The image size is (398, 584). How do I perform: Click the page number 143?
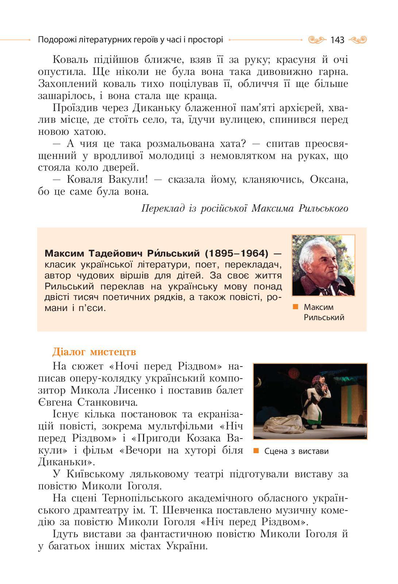pyautogui.click(x=337, y=40)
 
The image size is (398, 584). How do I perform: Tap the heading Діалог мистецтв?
pyautogui.click(x=94, y=352)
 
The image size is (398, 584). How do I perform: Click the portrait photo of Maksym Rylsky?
pyautogui.click(x=323, y=265)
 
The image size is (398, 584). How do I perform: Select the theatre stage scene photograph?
pyautogui.click(x=310, y=401)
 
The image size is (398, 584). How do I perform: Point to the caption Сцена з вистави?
pyautogui.click(x=296, y=451)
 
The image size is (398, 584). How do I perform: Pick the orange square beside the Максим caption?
pyautogui.click(x=295, y=307)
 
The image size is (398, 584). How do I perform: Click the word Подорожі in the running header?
pyautogui.click(x=57, y=39)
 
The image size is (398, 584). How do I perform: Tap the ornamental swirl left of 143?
pyautogui.click(x=316, y=39)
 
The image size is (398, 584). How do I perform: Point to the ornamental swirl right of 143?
pyautogui.click(x=358, y=39)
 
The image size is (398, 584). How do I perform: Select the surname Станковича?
pyautogui.click(x=108, y=402)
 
